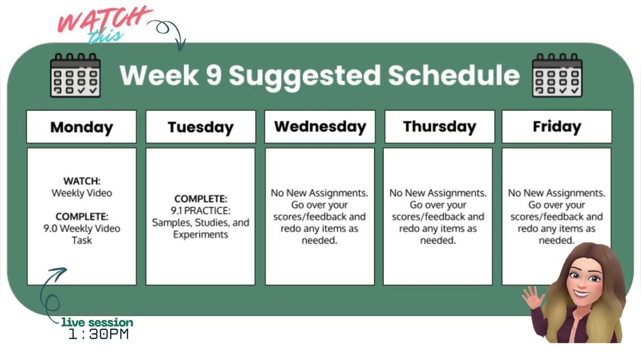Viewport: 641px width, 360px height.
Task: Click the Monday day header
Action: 81,127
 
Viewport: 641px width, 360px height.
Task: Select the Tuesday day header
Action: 200,127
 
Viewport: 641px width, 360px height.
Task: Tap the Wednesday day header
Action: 320,127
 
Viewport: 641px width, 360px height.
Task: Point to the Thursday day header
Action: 439,127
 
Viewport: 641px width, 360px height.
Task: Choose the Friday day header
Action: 557,127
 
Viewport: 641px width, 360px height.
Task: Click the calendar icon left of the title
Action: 75,75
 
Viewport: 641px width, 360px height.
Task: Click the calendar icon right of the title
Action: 557,75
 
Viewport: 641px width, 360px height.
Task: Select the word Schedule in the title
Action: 453,75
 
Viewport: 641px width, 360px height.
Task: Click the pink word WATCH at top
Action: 101,20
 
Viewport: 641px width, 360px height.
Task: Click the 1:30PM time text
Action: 99,335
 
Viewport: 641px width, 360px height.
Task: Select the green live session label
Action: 97,323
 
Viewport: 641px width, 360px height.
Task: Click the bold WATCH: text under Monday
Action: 82,182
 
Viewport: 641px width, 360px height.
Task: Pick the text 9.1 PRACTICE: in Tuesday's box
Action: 201,210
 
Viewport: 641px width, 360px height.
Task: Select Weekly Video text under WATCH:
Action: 82,193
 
